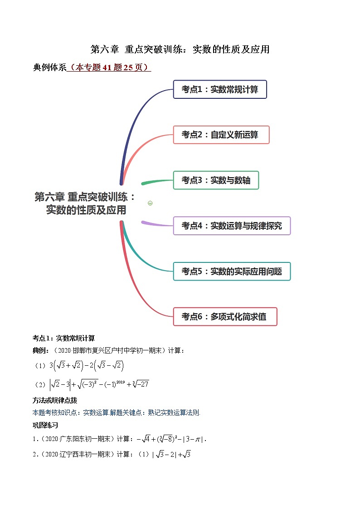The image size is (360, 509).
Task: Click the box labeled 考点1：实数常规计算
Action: click(x=220, y=89)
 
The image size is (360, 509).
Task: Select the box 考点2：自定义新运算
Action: click(x=221, y=135)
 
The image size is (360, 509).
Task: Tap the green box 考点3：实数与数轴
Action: click(x=216, y=180)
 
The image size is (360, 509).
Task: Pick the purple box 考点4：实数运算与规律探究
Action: click(x=232, y=225)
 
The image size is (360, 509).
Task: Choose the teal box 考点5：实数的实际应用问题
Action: click(x=232, y=271)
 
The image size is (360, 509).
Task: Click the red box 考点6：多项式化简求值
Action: click(x=225, y=316)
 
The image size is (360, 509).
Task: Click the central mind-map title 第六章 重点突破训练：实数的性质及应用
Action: click(x=85, y=204)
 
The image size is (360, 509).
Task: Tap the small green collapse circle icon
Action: click(x=150, y=203)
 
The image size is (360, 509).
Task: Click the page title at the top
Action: click(x=180, y=49)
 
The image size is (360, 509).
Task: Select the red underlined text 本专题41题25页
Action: click(x=109, y=68)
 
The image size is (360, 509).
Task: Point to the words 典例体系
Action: click(x=49, y=68)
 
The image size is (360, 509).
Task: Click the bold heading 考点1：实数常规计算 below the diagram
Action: click(x=63, y=338)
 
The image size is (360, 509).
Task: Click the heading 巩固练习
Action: click(x=45, y=425)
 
